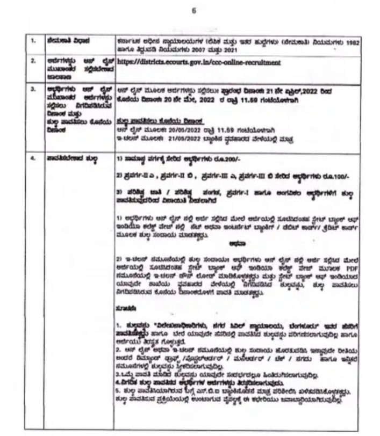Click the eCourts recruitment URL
(199, 62)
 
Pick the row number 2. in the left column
(34, 62)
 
